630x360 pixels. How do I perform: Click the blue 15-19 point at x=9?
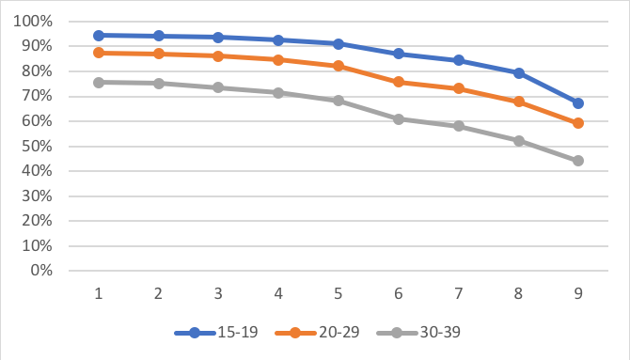(x=578, y=103)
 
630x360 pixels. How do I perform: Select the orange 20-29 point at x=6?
(x=399, y=82)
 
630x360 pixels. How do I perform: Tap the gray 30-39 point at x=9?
(x=578, y=161)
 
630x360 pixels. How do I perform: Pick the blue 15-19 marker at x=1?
(x=99, y=35)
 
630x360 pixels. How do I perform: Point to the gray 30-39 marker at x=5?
(x=339, y=101)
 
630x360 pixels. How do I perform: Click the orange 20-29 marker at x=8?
(x=519, y=102)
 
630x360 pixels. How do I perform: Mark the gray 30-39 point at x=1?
(x=99, y=82)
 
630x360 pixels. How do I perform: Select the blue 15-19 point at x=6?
(x=399, y=54)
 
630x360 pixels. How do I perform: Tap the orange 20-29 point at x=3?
(x=218, y=56)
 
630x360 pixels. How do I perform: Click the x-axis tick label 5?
(x=339, y=292)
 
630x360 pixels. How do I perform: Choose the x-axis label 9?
(x=578, y=292)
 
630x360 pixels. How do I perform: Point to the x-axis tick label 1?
(x=99, y=292)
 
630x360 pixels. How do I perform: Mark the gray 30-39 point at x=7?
(x=459, y=126)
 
